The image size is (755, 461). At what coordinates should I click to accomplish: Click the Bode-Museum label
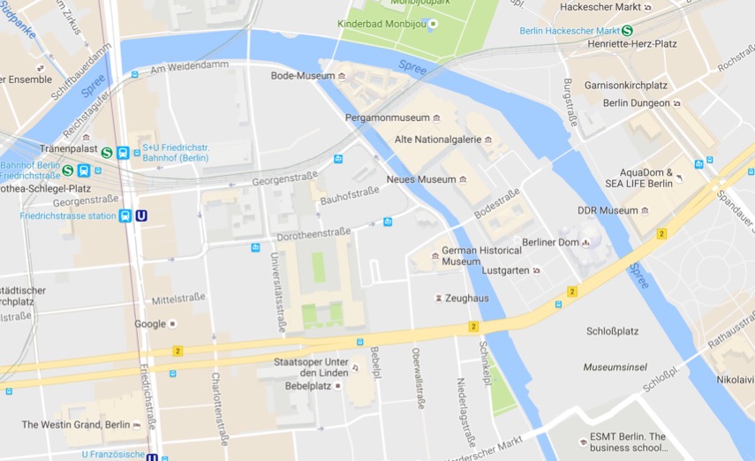[x=303, y=76]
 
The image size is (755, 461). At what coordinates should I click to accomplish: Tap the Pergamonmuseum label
[x=386, y=117]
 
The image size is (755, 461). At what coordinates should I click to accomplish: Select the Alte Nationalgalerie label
[x=437, y=140]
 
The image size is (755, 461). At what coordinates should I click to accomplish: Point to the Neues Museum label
[x=421, y=179]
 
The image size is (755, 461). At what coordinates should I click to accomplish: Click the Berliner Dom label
[x=549, y=242]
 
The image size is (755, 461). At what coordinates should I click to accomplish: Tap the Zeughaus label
[x=467, y=299]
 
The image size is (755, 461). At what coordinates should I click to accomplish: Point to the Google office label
[x=150, y=324]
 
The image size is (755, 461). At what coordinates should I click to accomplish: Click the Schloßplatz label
[x=612, y=331]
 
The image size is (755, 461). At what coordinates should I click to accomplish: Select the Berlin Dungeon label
[x=636, y=103]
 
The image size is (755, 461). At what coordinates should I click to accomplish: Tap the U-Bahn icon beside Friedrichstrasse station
[x=141, y=215]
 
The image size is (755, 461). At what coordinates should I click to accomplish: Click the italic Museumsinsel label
[x=615, y=367]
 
